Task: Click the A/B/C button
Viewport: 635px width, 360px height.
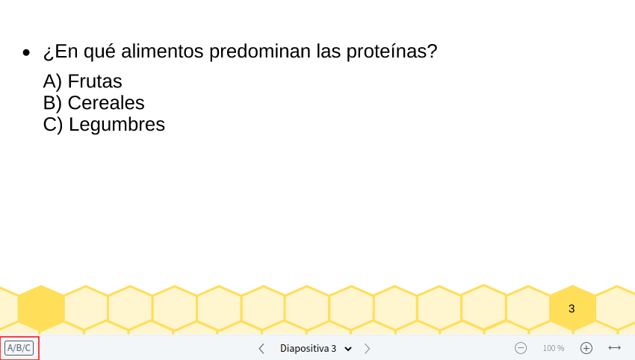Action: pos(19,348)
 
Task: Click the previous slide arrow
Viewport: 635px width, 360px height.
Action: pos(261,348)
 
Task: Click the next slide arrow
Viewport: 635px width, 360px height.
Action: pos(367,348)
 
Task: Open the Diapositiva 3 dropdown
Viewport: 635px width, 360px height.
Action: pos(315,348)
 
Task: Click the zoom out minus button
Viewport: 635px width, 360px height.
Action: pos(521,348)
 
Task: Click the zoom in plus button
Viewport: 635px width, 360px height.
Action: pos(586,348)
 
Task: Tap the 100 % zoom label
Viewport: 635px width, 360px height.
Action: pos(554,348)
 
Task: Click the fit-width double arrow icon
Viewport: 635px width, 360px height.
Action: pos(615,348)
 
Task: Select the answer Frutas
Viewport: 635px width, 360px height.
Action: pos(95,81)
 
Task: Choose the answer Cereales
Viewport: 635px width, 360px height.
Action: pos(106,103)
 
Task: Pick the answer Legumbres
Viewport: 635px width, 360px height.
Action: pos(117,125)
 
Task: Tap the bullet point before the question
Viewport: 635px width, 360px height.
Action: pos(27,54)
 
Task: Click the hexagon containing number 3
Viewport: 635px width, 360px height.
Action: pos(571,308)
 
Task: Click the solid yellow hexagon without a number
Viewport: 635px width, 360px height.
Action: pos(41,308)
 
